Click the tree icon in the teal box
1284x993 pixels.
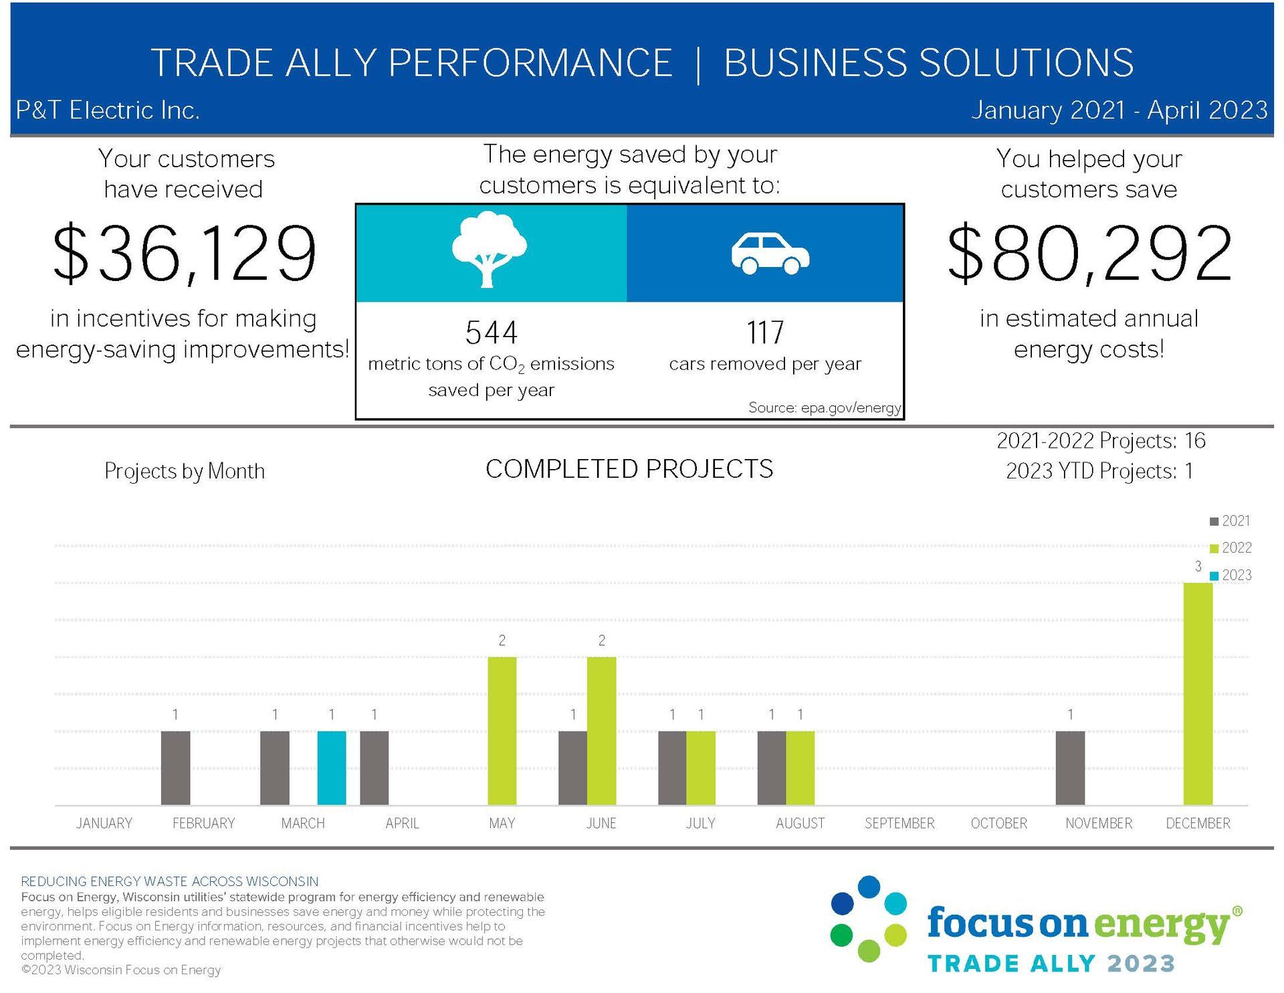point(489,250)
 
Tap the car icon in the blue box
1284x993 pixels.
point(770,254)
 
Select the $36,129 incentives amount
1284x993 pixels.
point(184,254)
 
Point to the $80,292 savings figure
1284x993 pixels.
point(1089,254)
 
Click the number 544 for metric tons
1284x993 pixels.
point(492,333)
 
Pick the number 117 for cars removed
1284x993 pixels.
point(765,333)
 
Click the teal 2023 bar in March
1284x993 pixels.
point(332,768)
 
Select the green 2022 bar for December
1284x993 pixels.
point(1198,693)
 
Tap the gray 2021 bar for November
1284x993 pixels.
point(1070,768)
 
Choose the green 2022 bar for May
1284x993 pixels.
point(502,731)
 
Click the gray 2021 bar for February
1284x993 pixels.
point(175,768)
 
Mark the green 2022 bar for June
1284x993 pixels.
point(601,731)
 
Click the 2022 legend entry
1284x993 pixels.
point(1230,548)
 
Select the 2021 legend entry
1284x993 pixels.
point(1230,521)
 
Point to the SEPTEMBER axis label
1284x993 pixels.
point(899,823)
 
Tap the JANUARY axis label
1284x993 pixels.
point(104,823)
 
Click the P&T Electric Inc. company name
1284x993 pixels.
point(108,110)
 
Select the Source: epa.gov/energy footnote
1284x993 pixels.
point(824,408)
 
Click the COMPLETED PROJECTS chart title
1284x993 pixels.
point(629,469)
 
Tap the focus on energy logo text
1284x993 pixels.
point(1077,924)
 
